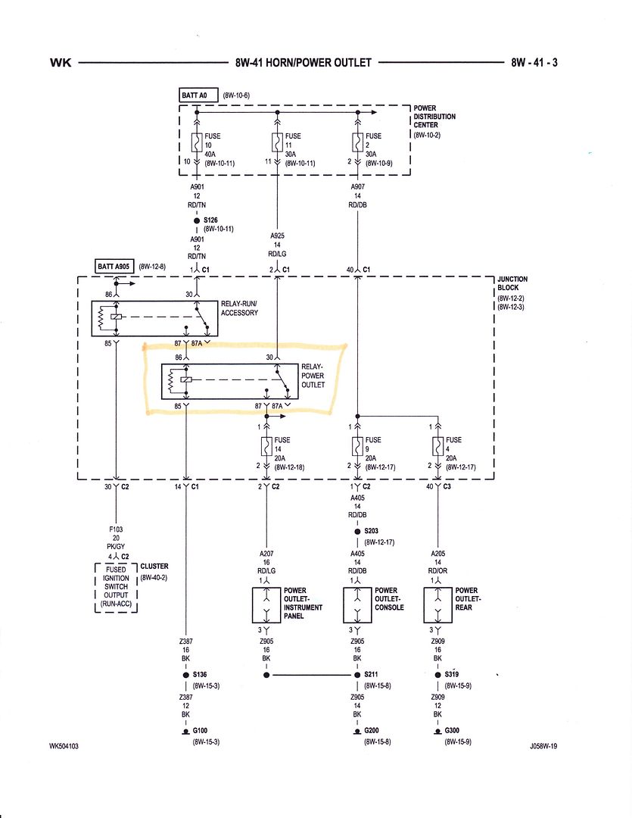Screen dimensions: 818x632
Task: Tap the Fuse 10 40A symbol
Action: click(197, 142)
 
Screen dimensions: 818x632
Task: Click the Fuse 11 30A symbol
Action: click(277, 142)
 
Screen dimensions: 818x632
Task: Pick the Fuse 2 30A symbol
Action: click(357, 142)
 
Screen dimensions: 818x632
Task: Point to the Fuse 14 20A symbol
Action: click(266, 446)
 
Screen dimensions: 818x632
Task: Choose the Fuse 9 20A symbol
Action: click(357, 446)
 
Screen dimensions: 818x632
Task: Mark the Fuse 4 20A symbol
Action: click(437, 446)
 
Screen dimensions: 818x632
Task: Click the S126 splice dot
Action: click(197, 220)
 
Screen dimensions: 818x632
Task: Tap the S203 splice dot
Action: click(357, 532)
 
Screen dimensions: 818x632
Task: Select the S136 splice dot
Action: click(185, 674)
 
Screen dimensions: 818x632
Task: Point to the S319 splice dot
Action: click(437, 674)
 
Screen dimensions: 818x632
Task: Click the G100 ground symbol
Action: click(185, 732)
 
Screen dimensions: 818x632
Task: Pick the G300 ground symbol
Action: click(437, 732)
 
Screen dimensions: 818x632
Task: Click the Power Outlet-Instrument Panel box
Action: click(266, 604)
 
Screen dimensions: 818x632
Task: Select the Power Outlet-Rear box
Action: click(437, 604)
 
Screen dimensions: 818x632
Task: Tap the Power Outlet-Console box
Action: click(357, 604)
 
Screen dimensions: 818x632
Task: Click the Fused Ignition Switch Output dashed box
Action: click(115, 587)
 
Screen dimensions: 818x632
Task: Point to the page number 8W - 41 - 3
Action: click(534, 63)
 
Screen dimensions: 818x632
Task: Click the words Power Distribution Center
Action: click(434, 117)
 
